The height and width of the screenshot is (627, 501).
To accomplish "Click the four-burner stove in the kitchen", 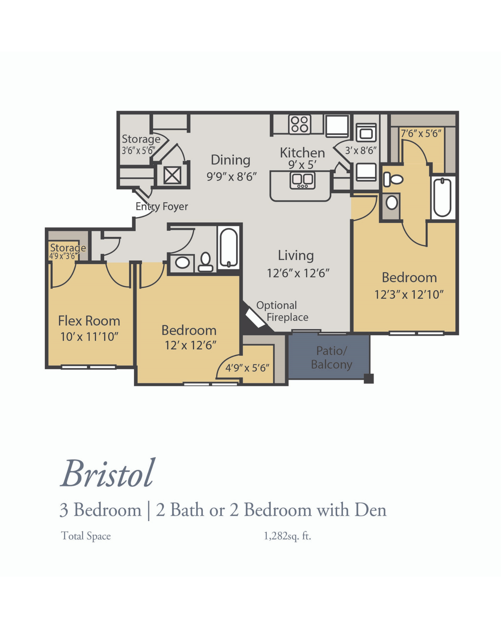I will pos(300,124).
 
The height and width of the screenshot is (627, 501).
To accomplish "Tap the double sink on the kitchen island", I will pos(302,180).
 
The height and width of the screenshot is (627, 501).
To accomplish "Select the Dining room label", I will pos(230,160).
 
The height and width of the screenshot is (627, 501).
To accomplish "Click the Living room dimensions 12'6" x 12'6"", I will pos(298,273).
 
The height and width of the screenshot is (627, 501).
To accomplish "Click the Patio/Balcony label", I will pos(331,358).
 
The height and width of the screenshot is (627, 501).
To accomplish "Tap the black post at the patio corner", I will pos(369,378).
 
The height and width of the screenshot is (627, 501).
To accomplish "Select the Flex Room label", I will pos(89,321).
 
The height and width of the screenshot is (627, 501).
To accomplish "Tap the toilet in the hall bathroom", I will pos(205,262).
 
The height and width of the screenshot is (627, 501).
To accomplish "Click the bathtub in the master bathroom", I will pos(442,197).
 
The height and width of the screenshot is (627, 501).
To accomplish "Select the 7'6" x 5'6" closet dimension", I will pos(421,134).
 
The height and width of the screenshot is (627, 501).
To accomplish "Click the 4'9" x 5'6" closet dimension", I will pos(247,368).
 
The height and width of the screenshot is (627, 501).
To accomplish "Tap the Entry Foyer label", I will pos(162,207).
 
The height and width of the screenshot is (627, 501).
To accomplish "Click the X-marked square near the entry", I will pos(172,175).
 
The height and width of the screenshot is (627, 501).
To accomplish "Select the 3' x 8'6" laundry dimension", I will pos(360,151).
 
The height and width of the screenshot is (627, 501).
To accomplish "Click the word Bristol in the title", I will pos(107,474).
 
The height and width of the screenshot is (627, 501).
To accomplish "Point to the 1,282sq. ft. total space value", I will pos(287,536).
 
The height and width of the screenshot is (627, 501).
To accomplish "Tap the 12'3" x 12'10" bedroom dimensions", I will pos(409,295).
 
